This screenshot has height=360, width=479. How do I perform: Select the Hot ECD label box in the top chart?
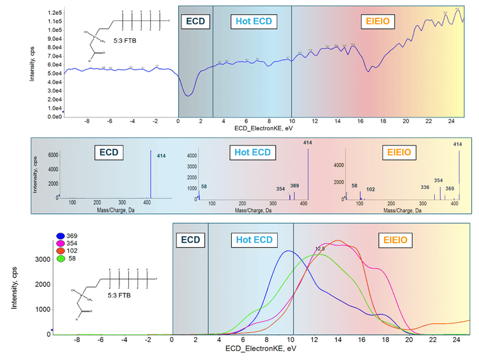coord(254,21)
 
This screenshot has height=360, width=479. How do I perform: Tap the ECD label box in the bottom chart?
coord(190,240)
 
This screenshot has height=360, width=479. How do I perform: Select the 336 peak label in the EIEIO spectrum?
coord(425,186)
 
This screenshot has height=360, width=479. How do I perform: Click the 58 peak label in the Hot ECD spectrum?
coord(204,186)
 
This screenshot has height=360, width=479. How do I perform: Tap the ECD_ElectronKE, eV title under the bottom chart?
coord(257,350)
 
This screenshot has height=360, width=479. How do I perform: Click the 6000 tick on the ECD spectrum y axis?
coord(53,154)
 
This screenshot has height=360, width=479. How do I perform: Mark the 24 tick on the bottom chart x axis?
coord(455,340)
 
